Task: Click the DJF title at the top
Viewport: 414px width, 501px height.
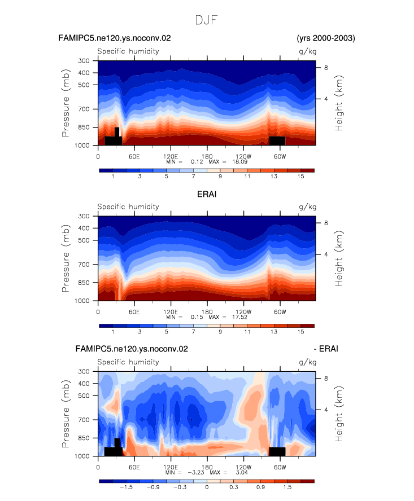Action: pyautogui.click(x=207, y=20)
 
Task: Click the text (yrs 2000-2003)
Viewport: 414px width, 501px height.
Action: pyautogui.click(x=326, y=38)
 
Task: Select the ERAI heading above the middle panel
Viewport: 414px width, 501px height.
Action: pyautogui.click(x=207, y=194)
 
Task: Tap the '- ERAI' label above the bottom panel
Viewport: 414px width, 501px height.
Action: pyautogui.click(x=326, y=349)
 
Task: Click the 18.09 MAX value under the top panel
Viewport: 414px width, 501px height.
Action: pyautogui.click(x=239, y=162)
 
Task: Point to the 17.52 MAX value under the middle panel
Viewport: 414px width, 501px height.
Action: pyautogui.click(x=239, y=317)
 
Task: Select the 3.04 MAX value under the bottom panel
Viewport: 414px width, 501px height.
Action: pyautogui.click(x=242, y=472)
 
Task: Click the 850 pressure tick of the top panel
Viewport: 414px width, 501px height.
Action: pyautogui.click(x=84, y=127)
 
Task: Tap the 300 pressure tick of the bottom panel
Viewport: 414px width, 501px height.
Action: pyautogui.click(x=84, y=372)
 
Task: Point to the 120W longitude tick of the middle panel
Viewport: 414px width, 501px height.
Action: pyautogui.click(x=243, y=312)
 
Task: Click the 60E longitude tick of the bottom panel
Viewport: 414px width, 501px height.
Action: pyautogui.click(x=134, y=467)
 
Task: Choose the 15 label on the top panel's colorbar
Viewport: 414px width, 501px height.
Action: pyautogui.click(x=300, y=177)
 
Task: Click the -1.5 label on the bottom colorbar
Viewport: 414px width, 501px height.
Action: pyautogui.click(x=126, y=487)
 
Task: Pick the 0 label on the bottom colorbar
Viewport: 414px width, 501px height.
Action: pyautogui.click(x=207, y=487)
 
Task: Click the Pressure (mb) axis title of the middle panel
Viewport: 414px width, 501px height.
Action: pyautogui.click(x=66, y=258)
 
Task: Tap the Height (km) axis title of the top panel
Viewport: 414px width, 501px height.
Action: pyautogui.click(x=338, y=103)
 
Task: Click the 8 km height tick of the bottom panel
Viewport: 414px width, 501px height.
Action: pyautogui.click(x=326, y=379)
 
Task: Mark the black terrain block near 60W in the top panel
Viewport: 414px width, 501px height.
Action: pyautogui.click(x=277, y=140)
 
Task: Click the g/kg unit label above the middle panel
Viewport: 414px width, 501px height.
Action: pyautogui.click(x=307, y=207)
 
